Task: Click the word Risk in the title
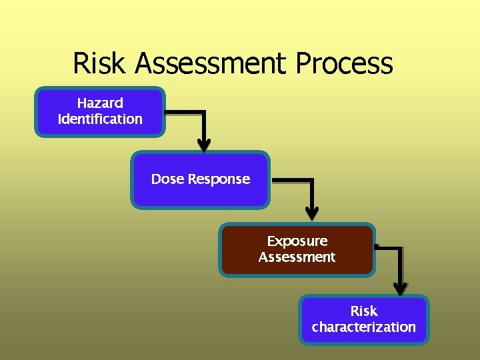[100, 64]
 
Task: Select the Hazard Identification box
[100, 112]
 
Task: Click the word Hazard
[100, 103]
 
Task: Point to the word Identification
[100, 119]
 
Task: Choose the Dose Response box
[200, 179]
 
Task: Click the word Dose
[167, 179]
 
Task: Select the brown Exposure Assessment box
[297, 249]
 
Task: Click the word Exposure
[297, 241]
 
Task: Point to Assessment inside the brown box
[297, 257]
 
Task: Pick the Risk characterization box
[363, 319]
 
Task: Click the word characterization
[363, 327]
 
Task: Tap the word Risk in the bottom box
[364, 311]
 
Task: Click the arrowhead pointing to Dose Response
[204, 145]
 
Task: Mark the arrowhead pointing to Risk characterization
[399, 288]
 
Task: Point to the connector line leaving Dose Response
[293, 180]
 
